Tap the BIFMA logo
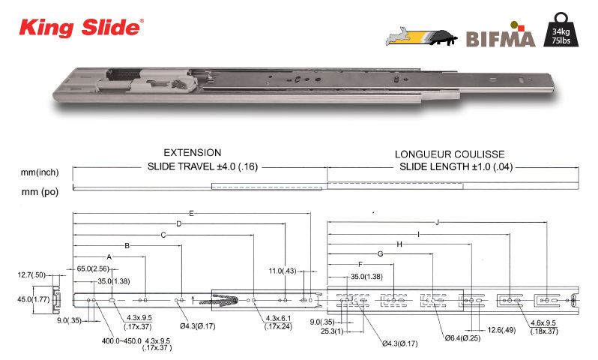tap(501, 35)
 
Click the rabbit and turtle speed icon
tap(422, 37)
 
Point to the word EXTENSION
tap(193, 153)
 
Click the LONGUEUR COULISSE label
tap(450, 154)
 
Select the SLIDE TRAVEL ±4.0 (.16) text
tap(202, 166)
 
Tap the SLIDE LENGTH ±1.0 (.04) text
tap(456, 166)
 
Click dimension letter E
tap(191, 214)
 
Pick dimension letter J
tap(438, 222)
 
